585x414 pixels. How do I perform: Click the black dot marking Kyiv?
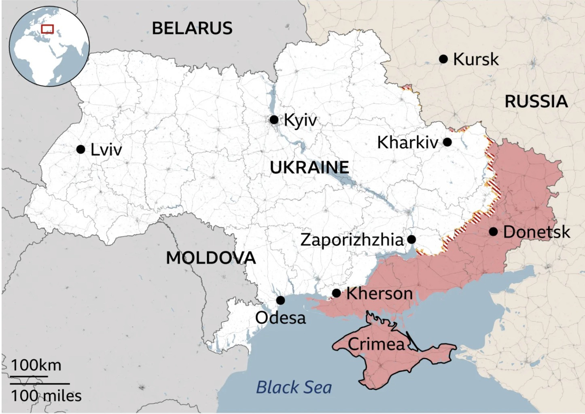274,120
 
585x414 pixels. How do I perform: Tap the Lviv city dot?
81,149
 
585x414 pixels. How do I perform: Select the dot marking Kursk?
443,59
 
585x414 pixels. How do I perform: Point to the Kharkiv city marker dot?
447,142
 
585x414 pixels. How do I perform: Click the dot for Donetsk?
493,232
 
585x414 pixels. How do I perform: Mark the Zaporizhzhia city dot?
411,239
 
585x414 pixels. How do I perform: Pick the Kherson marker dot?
336,293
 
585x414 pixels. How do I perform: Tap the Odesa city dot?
280,300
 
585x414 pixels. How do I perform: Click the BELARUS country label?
192,28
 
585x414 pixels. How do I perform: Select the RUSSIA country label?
536,101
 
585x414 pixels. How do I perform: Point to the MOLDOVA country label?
211,258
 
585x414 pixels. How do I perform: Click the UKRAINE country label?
309,167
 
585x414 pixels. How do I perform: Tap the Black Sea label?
294,387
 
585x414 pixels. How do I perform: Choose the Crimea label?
376,344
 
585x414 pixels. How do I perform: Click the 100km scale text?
36,365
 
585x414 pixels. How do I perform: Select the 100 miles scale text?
46,395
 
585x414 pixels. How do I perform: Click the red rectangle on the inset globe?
47,29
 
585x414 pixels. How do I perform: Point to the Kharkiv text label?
407,143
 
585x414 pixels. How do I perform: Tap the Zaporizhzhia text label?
352,240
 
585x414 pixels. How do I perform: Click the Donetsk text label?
536,232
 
